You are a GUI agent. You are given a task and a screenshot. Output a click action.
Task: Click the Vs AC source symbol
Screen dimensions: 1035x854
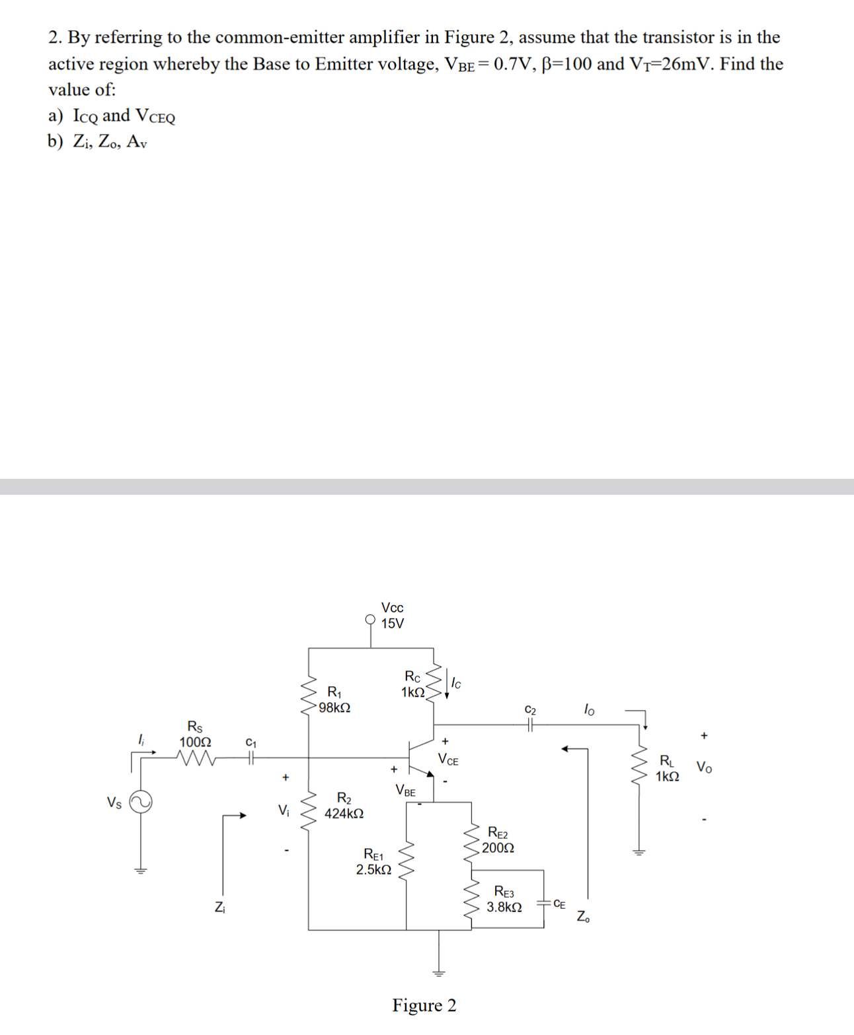point(140,803)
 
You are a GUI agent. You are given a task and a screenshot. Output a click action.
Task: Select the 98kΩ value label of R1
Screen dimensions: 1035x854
point(334,707)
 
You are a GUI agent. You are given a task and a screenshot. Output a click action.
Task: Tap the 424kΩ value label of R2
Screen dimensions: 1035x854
point(344,814)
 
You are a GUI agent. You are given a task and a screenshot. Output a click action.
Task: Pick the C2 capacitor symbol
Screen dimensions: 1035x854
point(530,725)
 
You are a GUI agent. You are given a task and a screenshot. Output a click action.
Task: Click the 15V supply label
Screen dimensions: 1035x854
point(393,624)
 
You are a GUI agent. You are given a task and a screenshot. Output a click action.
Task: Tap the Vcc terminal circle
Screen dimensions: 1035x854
point(371,620)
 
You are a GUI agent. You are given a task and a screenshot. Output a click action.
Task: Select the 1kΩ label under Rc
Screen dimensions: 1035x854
point(412,692)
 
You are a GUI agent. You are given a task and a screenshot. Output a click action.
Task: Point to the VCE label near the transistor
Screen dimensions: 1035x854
point(448,760)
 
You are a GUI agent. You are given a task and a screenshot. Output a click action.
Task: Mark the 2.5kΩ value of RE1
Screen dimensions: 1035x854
point(373,870)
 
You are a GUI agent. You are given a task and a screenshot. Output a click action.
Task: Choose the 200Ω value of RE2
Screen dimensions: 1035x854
point(498,847)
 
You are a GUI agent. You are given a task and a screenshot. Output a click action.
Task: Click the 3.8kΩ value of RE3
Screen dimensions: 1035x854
point(504,908)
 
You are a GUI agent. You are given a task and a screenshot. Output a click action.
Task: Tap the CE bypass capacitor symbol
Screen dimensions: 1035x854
point(544,902)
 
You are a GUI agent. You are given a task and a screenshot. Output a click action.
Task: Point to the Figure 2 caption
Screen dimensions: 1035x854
point(424,1005)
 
